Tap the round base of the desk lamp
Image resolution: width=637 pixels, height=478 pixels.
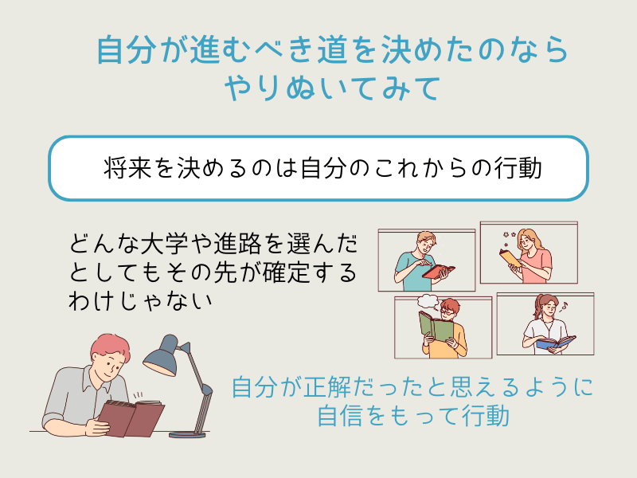point(187,433)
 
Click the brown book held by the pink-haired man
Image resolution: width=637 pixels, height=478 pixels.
point(131,417)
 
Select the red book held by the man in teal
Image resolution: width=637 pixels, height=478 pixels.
point(439,271)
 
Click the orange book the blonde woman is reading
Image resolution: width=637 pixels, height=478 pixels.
point(510,257)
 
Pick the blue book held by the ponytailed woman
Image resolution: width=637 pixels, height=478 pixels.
point(556,343)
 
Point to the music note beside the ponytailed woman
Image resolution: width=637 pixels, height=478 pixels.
point(564,305)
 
